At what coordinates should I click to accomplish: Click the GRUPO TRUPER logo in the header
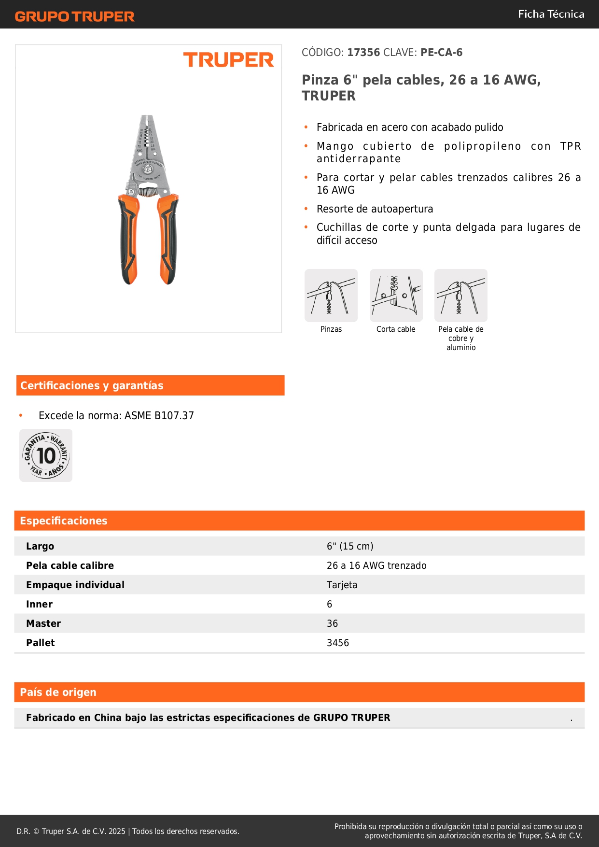tap(74, 16)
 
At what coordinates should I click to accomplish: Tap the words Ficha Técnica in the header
tap(551, 14)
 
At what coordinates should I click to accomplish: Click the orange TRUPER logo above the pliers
tap(228, 60)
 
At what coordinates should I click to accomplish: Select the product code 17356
tap(363, 53)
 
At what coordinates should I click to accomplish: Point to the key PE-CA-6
tap(441, 53)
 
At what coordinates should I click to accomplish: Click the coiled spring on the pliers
tap(148, 191)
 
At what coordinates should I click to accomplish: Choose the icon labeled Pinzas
tap(331, 296)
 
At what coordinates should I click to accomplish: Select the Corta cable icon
tap(396, 296)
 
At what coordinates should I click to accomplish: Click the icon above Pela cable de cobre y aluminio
tap(461, 296)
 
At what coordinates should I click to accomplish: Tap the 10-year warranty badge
tap(46, 455)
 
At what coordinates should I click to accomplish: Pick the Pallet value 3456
tap(338, 643)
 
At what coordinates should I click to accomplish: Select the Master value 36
tap(332, 623)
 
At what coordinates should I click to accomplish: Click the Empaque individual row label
tap(75, 585)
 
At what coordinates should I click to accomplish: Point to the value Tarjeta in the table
tap(342, 585)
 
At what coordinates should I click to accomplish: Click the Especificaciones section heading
tap(64, 521)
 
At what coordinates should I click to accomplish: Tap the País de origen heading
tap(58, 692)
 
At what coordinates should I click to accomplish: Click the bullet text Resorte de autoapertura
tap(375, 209)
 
